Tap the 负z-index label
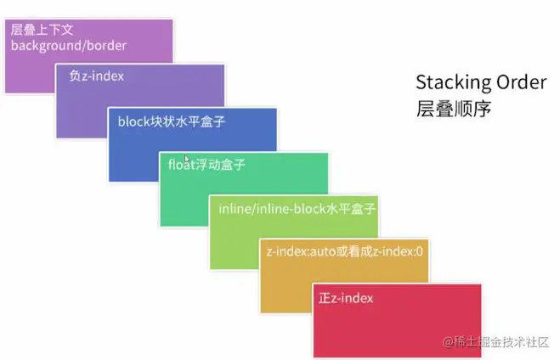point(96,76)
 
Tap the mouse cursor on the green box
point(187,159)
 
